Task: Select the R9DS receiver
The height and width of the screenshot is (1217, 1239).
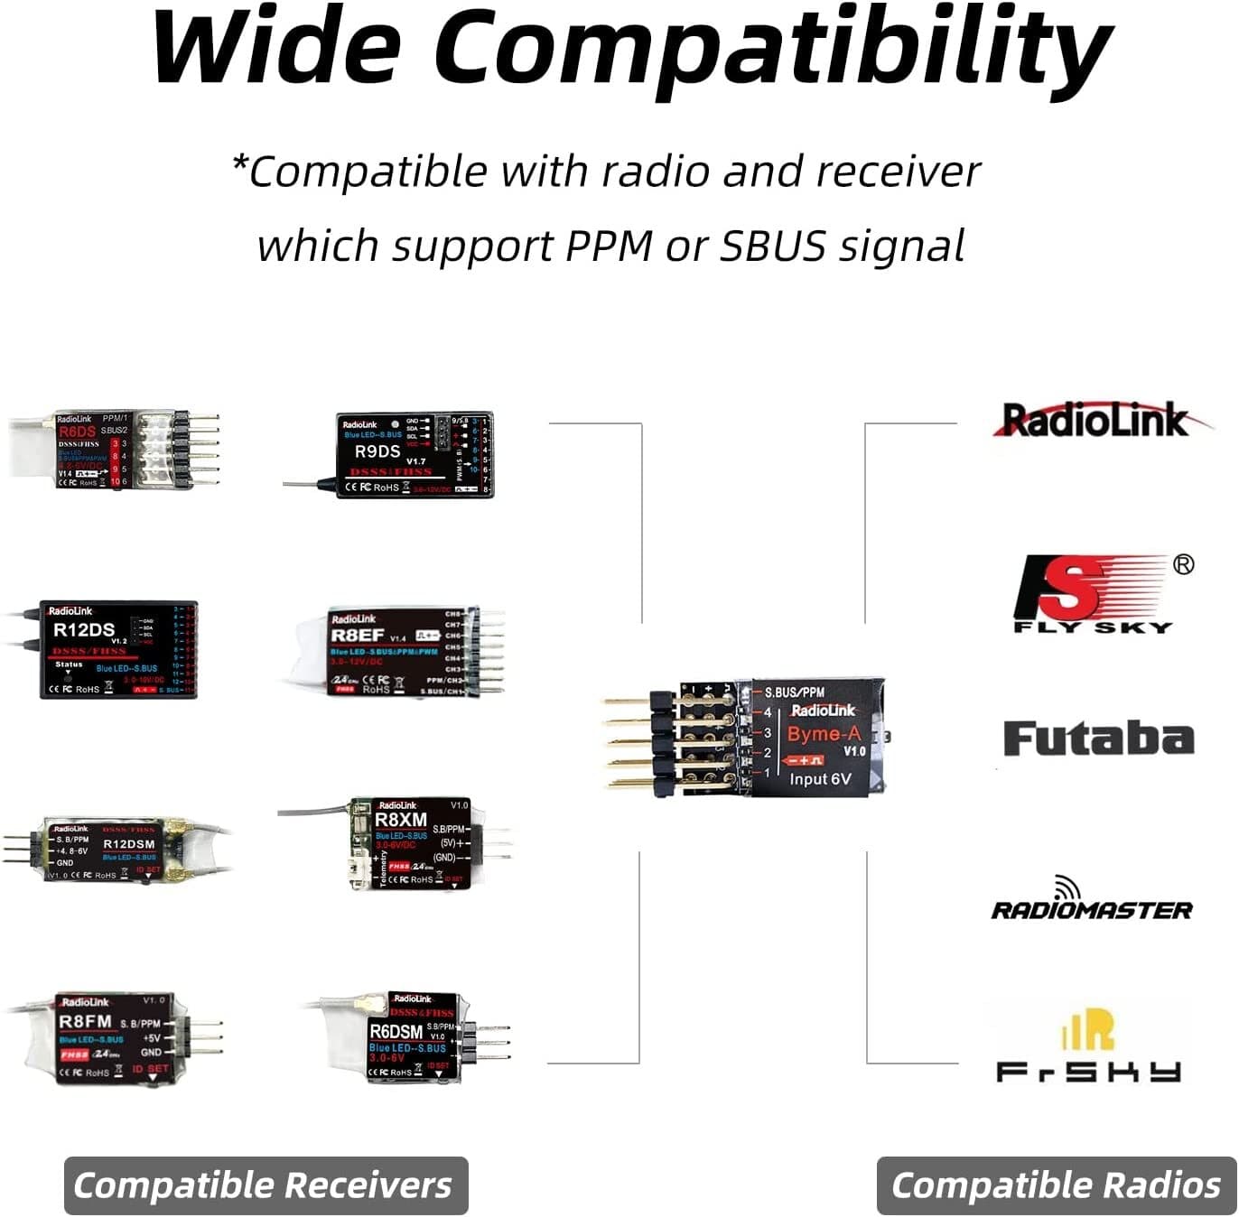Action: (x=415, y=455)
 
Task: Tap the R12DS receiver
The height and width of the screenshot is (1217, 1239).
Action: (x=118, y=649)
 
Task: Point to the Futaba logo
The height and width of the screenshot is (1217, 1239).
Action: (x=1098, y=739)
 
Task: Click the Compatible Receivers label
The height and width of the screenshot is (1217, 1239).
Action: (x=264, y=1185)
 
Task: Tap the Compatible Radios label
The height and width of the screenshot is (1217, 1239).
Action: (x=1056, y=1185)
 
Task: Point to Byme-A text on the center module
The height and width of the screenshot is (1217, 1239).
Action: (x=824, y=733)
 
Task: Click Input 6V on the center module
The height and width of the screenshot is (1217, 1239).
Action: (x=820, y=778)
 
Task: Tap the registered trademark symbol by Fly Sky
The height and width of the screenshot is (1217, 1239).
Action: (x=1183, y=564)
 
